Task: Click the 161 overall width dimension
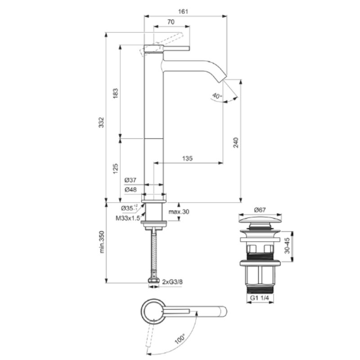[x=183, y=11]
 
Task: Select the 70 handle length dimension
[x=171, y=22]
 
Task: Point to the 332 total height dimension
[x=101, y=122]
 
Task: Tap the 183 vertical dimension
[x=115, y=93]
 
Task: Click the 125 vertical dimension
[x=115, y=168]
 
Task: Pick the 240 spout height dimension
[x=236, y=142]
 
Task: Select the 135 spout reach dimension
[x=187, y=158]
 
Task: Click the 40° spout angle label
[x=217, y=96]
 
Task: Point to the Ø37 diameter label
[x=130, y=180]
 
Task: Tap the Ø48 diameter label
[x=130, y=189]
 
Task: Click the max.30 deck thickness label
[x=179, y=211]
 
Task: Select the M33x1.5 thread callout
[x=128, y=218]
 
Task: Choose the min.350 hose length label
[x=102, y=242]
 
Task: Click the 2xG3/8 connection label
[x=172, y=282]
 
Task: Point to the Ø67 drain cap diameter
[x=260, y=210]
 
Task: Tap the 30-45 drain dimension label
[x=287, y=245]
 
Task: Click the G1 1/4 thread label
[x=259, y=298]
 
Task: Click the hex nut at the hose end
[x=153, y=280]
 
